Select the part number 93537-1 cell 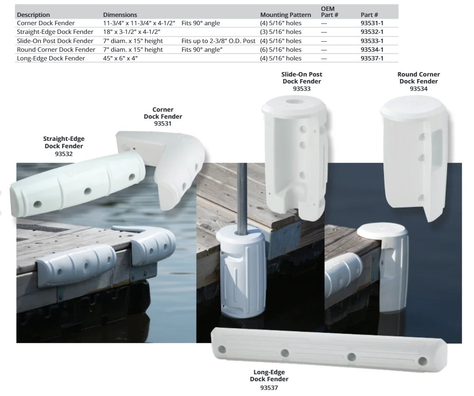point(372,58)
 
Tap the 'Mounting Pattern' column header point(285,15)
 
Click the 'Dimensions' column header point(120,15)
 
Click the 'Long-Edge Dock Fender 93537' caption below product point(270,379)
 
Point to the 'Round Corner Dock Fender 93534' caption point(418,81)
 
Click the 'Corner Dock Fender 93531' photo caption point(163,116)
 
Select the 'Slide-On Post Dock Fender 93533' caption point(302,81)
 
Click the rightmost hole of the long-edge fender point(422,361)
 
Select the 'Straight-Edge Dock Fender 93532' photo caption point(64,146)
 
